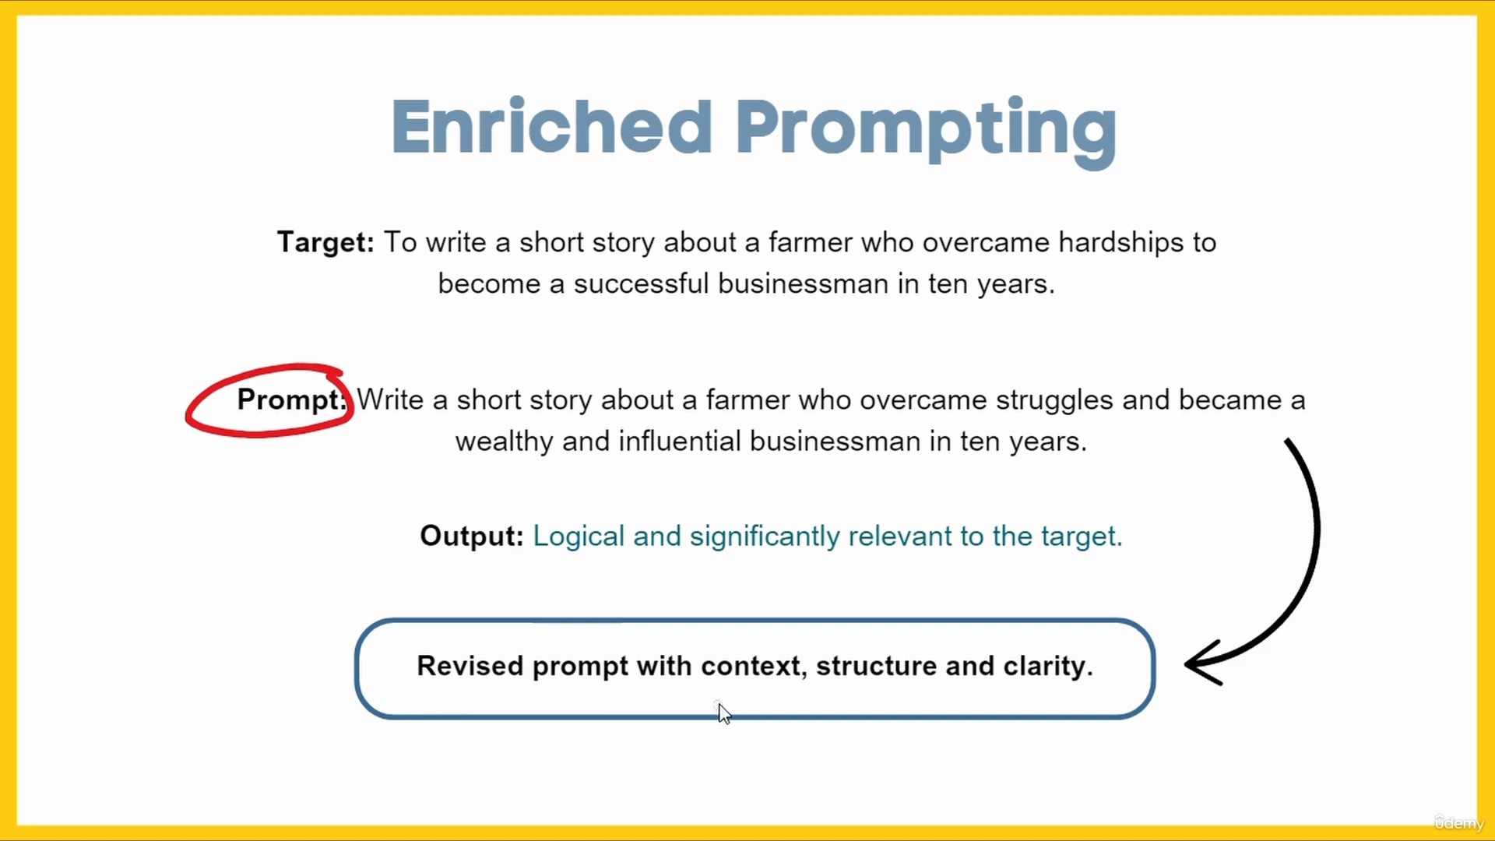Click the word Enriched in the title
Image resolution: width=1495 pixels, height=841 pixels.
(552, 126)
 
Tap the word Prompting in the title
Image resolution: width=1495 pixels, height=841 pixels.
(926, 131)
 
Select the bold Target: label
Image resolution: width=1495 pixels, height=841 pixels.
(325, 242)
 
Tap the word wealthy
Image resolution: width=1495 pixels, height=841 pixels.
(504, 442)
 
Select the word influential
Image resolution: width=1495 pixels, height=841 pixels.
(680, 442)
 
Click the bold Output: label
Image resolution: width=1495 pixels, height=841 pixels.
(472, 536)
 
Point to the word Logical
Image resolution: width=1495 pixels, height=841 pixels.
(579, 537)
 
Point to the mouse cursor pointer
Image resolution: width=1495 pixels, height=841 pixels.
(724, 713)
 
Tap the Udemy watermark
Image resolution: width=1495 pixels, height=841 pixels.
(1459, 823)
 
